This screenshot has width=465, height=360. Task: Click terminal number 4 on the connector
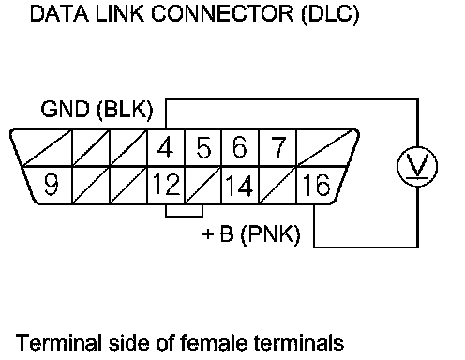(x=165, y=147)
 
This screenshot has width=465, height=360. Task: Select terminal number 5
(x=203, y=147)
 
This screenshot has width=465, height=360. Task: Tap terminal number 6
(x=240, y=147)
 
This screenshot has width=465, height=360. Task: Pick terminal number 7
(x=278, y=147)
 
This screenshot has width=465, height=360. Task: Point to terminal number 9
(x=52, y=184)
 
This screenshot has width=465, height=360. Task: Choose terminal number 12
(x=167, y=184)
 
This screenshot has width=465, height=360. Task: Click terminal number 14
(x=239, y=186)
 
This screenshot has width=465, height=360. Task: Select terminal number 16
(x=316, y=185)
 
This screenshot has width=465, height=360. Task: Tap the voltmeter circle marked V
(x=417, y=167)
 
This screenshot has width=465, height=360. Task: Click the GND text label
(x=65, y=110)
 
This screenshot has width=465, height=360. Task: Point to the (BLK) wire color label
(x=125, y=110)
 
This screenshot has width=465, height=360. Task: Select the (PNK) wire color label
(x=271, y=233)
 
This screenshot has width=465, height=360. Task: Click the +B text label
(x=218, y=233)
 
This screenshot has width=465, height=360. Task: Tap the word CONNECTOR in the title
(x=222, y=14)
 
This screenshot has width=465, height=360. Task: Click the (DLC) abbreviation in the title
(x=330, y=14)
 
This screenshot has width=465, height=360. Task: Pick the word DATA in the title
(x=59, y=14)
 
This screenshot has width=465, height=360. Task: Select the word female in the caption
(x=214, y=342)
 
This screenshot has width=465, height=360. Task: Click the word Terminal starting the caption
(x=59, y=342)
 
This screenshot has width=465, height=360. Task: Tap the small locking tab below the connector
(x=184, y=211)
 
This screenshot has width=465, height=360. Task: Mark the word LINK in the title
(x=120, y=14)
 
